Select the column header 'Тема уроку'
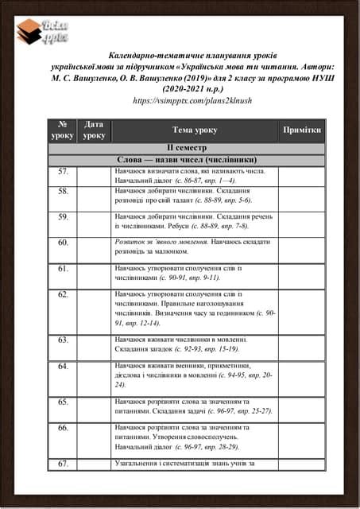pos(195,130)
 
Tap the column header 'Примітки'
pos(301,130)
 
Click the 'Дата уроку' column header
pos(94,130)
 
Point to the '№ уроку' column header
pos(63,130)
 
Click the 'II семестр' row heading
pos(186,149)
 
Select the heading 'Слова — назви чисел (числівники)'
pos(186,160)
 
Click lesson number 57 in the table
pos(63,171)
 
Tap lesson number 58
pos(63,192)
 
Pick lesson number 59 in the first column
pos(63,216)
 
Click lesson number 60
pos(63,242)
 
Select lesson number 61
pos(63,269)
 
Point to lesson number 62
pos(63,294)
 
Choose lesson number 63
pos(63,340)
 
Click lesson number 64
pos(63,366)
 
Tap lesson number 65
pos(63,402)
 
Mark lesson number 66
pos(63,428)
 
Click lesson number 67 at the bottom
pos(63,464)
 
